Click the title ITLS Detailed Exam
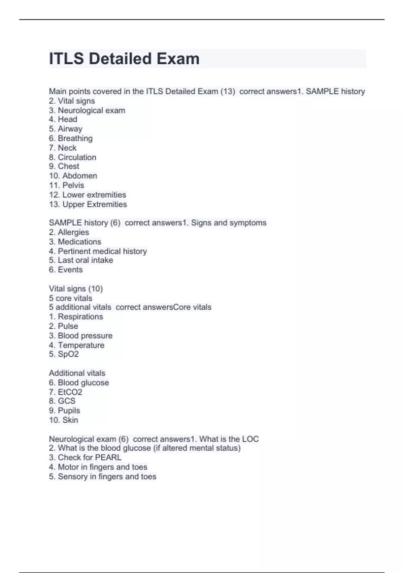[x=124, y=59]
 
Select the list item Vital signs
[x=76, y=101]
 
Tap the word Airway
[x=70, y=129]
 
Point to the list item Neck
[x=67, y=148]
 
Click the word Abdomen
[x=80, y=176]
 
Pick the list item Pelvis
[x=73, y=185]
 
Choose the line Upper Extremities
[x=94, y=204]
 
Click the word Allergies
[x=73, y=232]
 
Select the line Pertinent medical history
[x=102, y=251]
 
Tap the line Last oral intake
[x=85, y=260]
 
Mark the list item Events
[x=70, y=270]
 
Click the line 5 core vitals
[x=70, y=298]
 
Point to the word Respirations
[x=80, y=316]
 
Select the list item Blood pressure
[x=85, y=336]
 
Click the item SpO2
[x=68, y=354]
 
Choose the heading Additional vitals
[x=77, y=373]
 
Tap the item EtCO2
[x=70, y=392]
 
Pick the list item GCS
[x=66, y=401]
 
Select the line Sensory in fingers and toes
[x=107, y=477]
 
